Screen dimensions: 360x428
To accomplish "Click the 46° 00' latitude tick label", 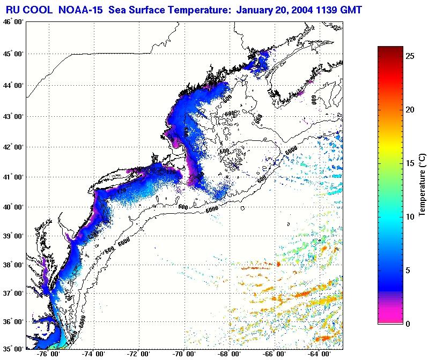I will point(12,22).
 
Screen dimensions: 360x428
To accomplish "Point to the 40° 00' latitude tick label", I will point(12,207).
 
